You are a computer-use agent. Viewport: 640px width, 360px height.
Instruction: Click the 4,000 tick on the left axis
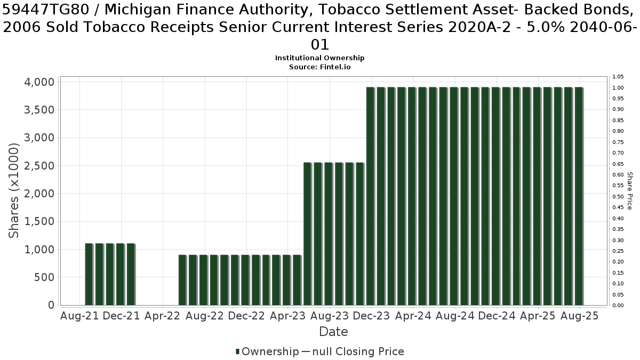[39, 82]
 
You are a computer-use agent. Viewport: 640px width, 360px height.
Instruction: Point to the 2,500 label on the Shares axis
[39, 166]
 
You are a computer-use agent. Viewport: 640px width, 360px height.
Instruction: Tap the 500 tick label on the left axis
[44, 277]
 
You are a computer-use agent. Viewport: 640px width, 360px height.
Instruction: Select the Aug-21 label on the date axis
[79, 316]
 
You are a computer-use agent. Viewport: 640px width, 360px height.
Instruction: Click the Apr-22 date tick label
[163, 316]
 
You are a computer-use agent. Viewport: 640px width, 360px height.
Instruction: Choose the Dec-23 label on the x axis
[371, 316]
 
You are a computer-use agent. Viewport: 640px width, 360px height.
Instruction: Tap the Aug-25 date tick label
[579, 316]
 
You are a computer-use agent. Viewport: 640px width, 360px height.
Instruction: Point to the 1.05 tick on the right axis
[618, 77]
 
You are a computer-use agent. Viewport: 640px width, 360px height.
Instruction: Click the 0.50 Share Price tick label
[618, 197]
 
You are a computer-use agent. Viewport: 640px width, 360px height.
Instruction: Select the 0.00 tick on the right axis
[618, 306]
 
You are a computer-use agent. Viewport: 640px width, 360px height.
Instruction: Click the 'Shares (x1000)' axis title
[14, 190]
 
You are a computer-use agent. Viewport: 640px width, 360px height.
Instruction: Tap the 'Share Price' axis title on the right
[629, 191]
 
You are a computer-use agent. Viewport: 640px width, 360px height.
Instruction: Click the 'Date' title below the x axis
[333, 332]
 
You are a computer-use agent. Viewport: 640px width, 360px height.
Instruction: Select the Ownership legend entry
[267, 351]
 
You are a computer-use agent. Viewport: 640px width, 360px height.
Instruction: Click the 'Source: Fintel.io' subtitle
[319, 67]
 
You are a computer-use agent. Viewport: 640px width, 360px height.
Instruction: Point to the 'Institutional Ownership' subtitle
[319, 58]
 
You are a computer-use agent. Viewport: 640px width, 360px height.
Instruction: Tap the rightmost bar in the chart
[579, 196]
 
